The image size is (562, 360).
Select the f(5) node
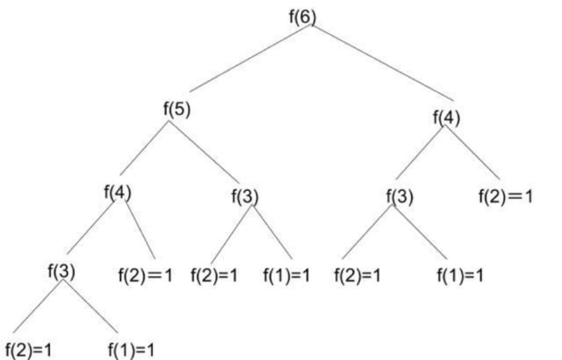point(176,110)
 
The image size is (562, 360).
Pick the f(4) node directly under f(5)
point(117,192)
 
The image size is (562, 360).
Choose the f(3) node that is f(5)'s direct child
point(245,197)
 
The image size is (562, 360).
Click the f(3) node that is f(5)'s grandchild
point(61,271)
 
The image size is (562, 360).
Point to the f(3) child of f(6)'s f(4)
point(399,197)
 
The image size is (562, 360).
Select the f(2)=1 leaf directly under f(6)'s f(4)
point(505,197)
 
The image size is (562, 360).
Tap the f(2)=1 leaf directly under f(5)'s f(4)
point(145,275)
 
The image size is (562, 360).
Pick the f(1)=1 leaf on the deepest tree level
point(131,350)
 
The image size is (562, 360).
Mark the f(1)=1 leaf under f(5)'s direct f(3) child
point(286,275)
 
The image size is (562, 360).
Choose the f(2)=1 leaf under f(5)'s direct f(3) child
point(214,275)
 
